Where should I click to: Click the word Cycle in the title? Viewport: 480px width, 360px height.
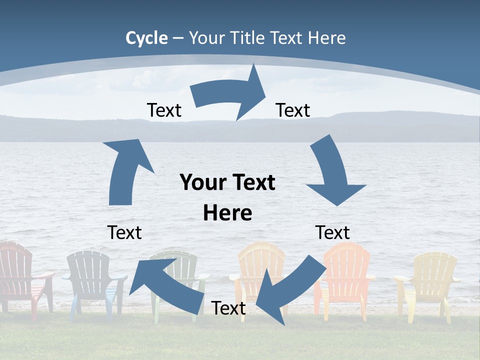click(146, 38)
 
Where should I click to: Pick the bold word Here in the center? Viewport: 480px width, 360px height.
click(227, 213)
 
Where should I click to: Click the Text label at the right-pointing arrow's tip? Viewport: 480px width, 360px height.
click(293, 110)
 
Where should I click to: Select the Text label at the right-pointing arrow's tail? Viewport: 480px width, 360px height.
click(164, 110)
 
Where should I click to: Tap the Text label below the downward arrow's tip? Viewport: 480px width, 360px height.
click(332, 232)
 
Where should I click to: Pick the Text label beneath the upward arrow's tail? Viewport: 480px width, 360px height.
click(124, 232)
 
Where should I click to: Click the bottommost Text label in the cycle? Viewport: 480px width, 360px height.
click(228, 308)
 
